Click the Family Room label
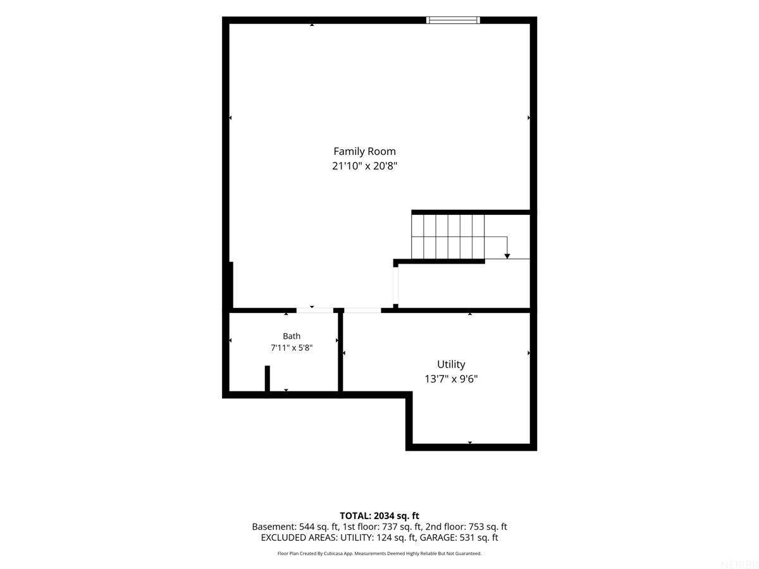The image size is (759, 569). [x=364, y=151]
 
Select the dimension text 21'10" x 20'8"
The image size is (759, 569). [x=364, y=166]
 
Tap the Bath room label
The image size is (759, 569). [x=292, y=336]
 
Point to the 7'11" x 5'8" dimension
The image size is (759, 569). [x=292, y=348]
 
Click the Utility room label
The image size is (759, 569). [x=451, y=365]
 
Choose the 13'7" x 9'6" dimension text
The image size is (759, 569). [x=451, y=379]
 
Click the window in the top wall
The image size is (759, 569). [x=453, y=20]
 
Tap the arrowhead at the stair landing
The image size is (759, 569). [x=507, y=256]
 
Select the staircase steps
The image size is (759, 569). [x=448, y=236]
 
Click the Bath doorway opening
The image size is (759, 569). [x=314, y=310]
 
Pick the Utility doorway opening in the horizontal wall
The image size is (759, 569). [x=362, y=310]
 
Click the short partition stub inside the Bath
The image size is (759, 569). [x=268, y=379]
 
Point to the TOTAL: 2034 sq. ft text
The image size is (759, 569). [x=379, y=516]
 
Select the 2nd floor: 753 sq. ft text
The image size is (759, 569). [x=466, y=527]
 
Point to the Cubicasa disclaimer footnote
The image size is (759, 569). [x=379, y=553]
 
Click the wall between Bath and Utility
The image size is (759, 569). [x=340, y=352]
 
